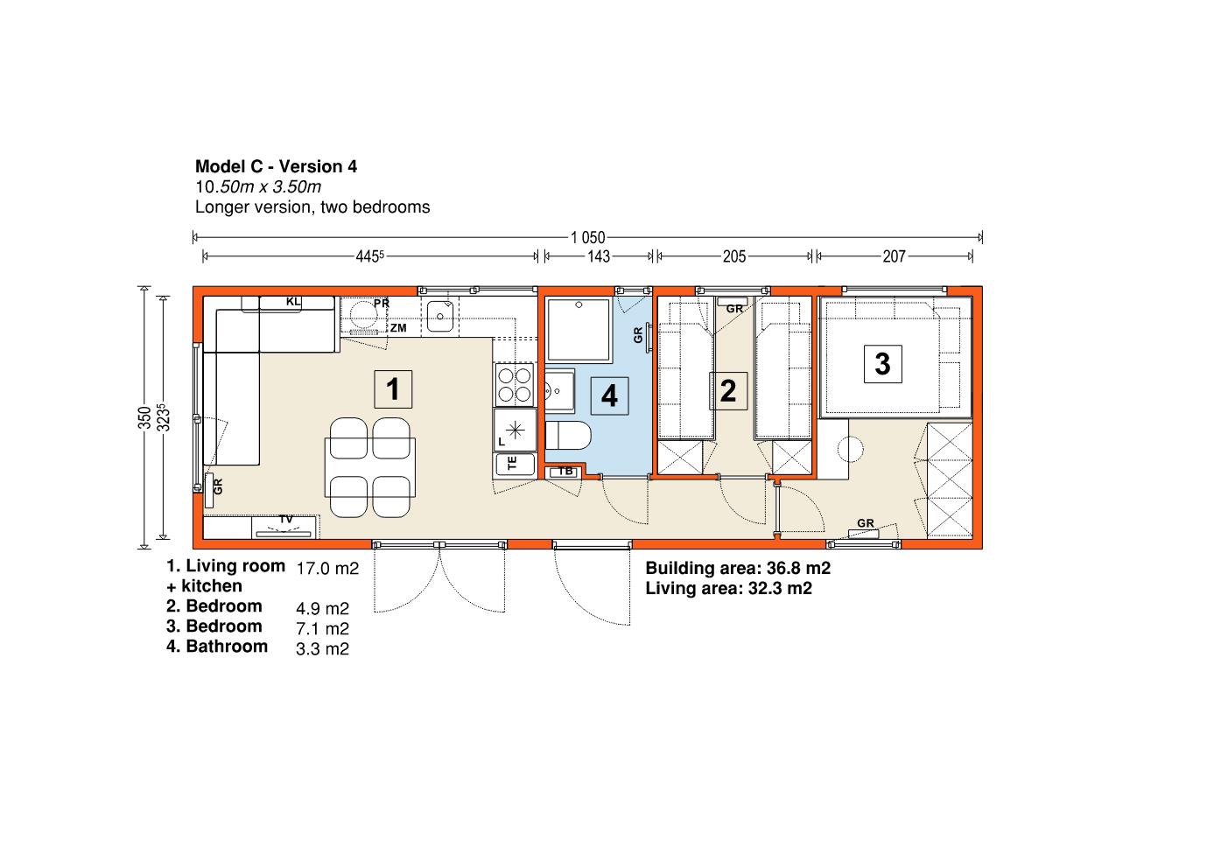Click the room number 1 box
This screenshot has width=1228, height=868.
(393, 389)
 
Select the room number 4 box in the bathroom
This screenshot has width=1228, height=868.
(609, 396)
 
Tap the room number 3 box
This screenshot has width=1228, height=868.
(882, 364)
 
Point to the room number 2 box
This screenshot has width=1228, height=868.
(728, 391)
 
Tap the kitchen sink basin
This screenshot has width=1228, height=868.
(440, 316)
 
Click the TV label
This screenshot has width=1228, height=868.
(285, 519)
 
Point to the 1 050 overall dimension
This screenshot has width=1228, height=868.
(587, 238)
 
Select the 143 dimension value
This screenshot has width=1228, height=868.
(599, 256)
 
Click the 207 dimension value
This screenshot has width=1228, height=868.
(895, 256)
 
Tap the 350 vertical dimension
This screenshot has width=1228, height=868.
(144, 417)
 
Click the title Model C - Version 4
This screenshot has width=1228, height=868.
(276, 166)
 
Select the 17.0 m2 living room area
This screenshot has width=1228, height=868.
(327, 568)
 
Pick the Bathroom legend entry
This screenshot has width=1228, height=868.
(217, 646)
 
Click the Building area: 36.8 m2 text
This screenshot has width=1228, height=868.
(738, 568)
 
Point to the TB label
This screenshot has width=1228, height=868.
(565, 471)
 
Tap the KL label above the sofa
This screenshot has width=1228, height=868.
(293, 301)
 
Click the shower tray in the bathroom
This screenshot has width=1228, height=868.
(579, 330)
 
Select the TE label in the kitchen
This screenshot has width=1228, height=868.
(513, 464)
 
